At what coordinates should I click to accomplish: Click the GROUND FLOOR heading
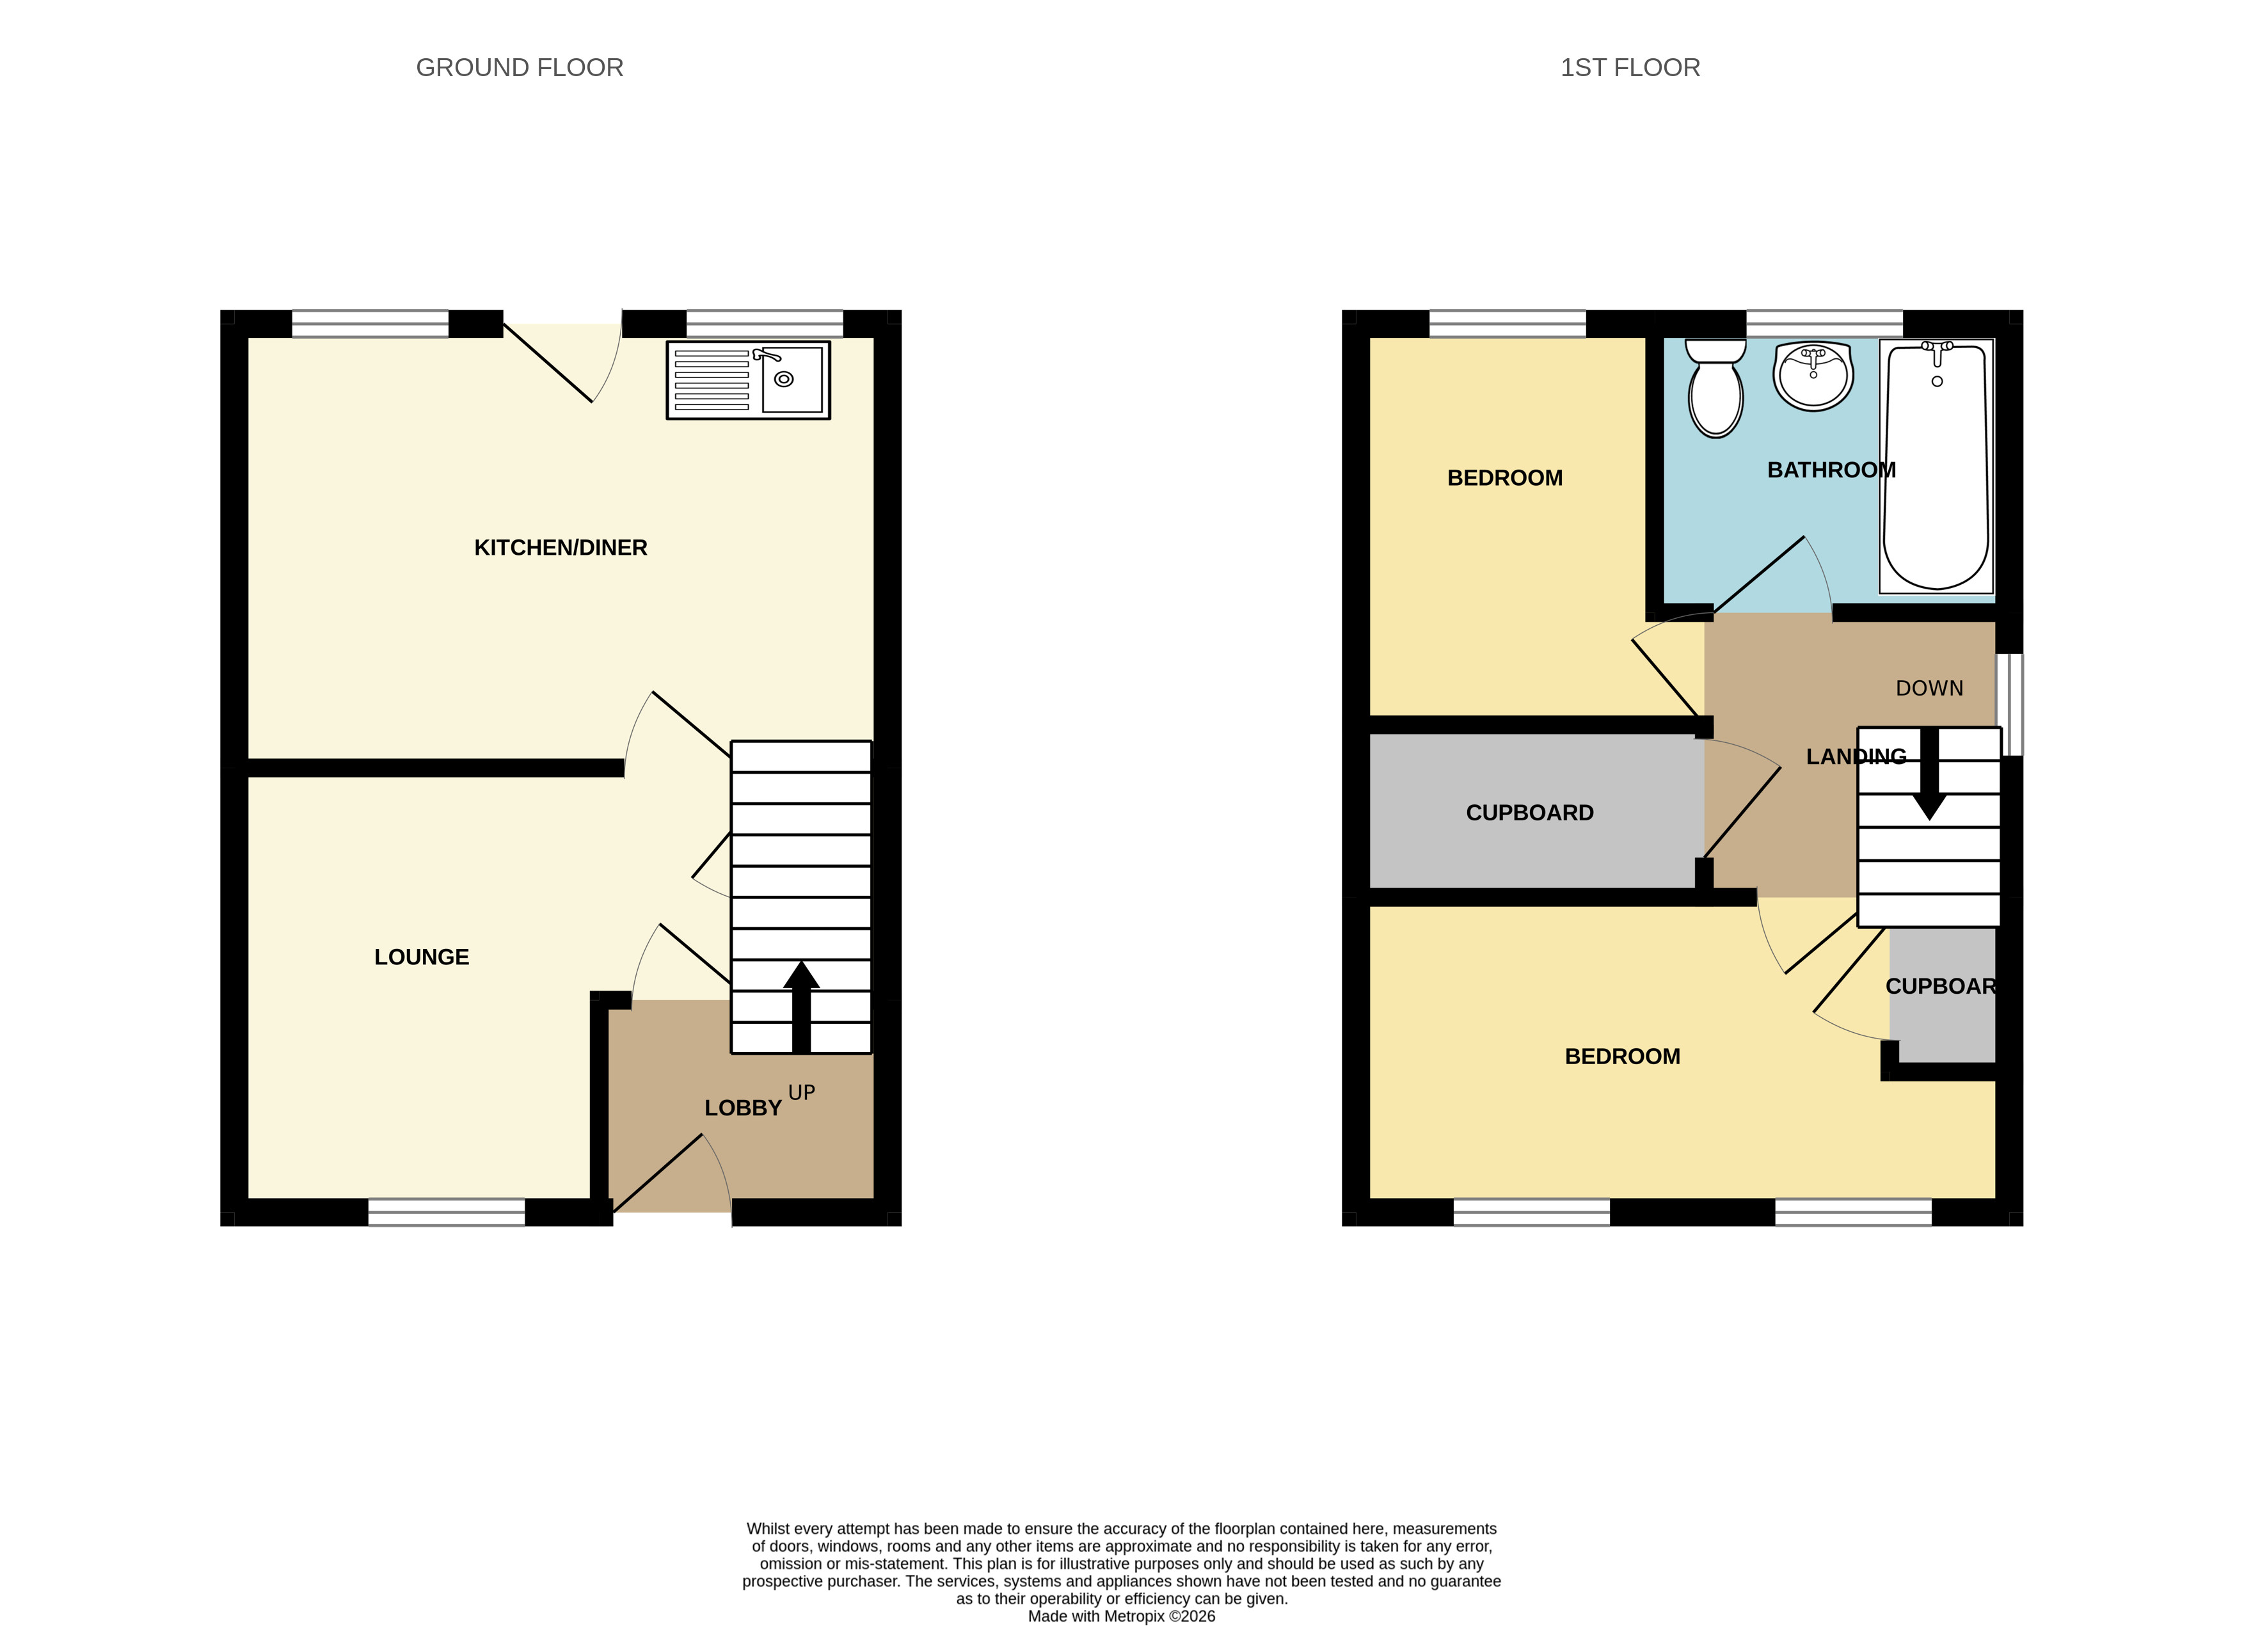(520, 67)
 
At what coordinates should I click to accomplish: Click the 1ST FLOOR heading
(1630, 67)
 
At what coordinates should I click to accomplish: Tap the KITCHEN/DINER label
(560, 547)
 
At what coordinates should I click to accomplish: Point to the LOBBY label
(743, 1108)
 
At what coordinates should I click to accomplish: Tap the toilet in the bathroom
(1715, 388)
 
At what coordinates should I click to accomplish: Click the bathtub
(1936, 466)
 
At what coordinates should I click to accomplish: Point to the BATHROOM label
(1831, 470)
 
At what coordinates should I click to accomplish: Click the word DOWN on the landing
(1929, 689)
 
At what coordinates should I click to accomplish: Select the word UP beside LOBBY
(801, 1092)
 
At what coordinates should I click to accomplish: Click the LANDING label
(1856, 757)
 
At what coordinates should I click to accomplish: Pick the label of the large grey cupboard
(1530, 813)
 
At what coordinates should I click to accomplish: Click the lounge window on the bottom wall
(446, 1213)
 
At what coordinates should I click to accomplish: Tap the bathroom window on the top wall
(1824, 324)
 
